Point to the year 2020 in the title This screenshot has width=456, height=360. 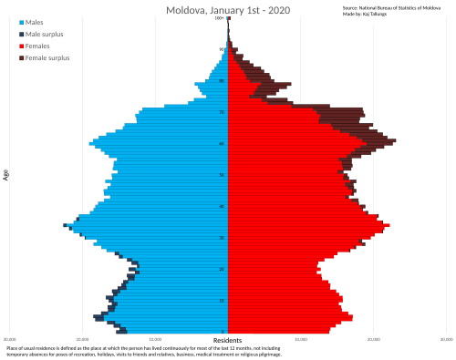(277, 10)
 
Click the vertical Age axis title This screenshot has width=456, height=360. (6, 173)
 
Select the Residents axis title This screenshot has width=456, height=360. (227, 341)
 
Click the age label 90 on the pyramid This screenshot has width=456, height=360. (222, 50)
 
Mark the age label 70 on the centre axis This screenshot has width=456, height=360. (222, 112)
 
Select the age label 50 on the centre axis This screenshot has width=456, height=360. (222, 175)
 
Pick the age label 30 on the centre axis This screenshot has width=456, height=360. (222, 238)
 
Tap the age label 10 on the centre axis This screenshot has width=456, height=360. (222, 301)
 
